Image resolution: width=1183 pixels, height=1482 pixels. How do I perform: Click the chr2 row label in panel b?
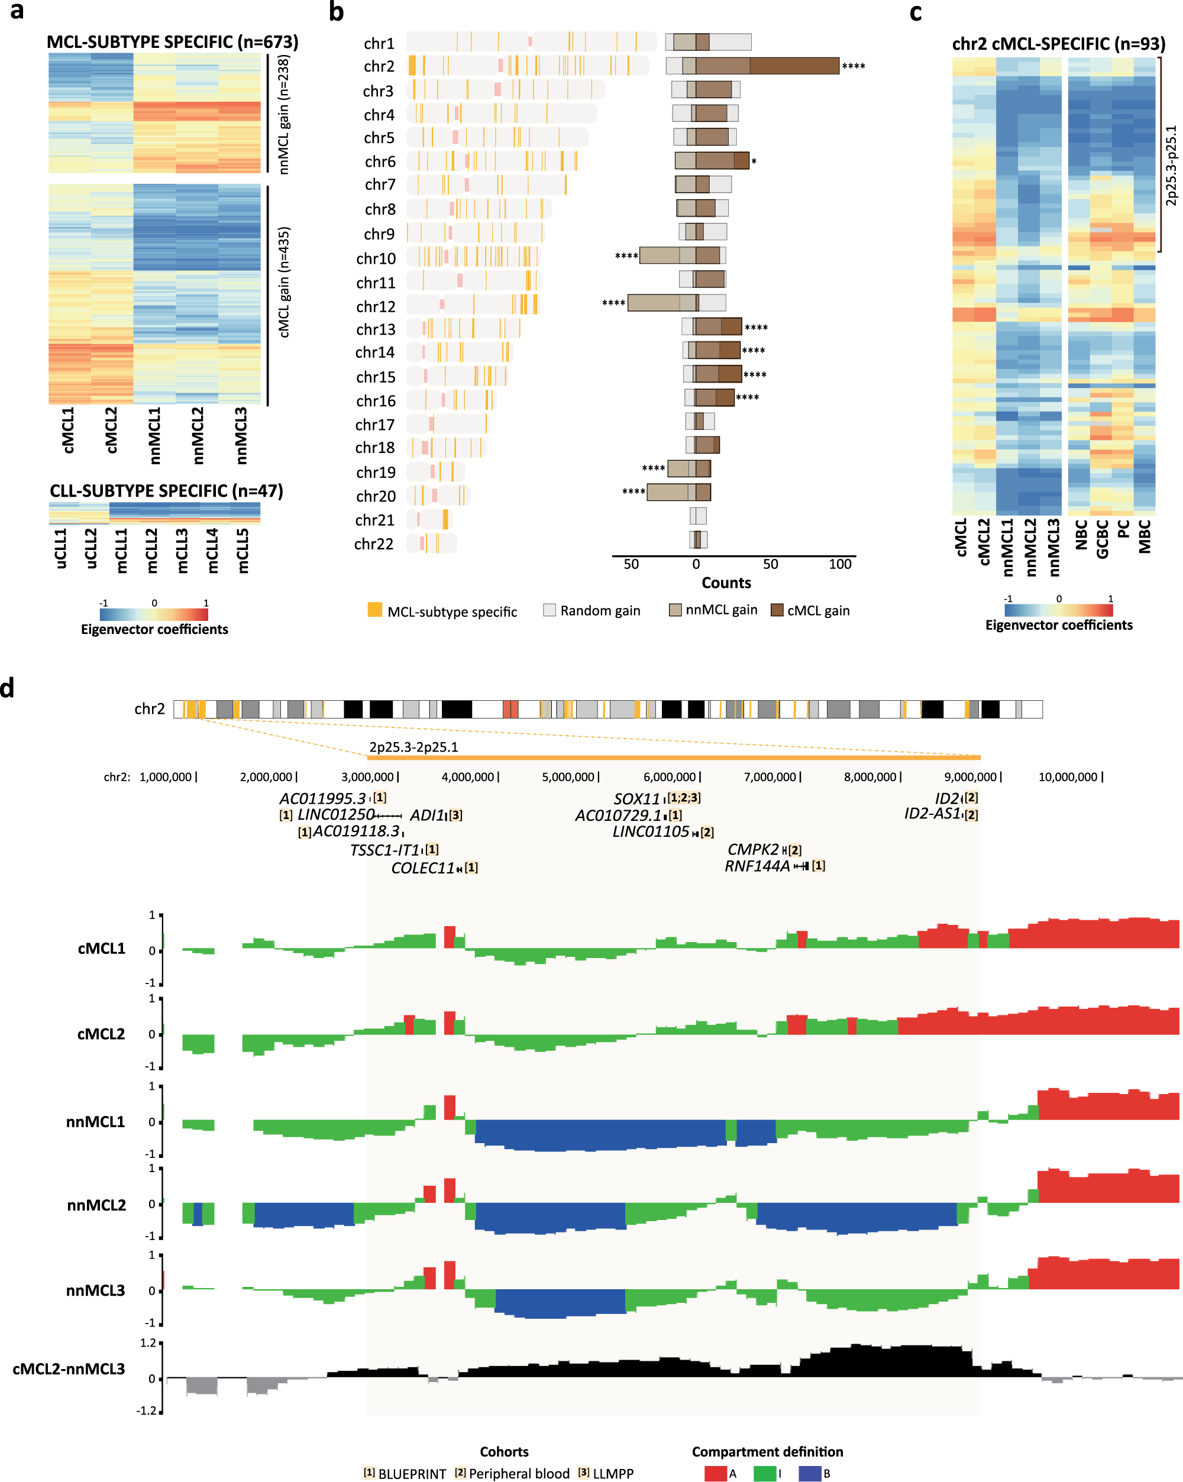point(379,66)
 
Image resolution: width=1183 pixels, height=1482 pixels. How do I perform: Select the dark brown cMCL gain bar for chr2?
point(794,66)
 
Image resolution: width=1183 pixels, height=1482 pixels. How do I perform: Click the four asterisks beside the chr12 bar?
point(613,303)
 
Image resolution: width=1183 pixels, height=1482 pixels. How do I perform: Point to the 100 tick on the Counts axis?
point(840,564)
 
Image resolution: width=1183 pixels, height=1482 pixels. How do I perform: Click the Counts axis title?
point(726,583)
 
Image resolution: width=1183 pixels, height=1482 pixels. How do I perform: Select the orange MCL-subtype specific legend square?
point(374,610)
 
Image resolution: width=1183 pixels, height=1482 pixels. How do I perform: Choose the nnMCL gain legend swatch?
point(675,610)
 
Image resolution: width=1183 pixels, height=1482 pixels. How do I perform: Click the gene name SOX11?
point(636,799)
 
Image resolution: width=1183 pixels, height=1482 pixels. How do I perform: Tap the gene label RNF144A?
point(757,866)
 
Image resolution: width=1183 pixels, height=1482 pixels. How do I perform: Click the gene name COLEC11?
point(423,868)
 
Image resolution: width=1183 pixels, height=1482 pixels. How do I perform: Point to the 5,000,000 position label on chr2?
point(569,776)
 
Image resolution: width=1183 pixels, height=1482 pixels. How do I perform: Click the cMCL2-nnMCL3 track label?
point(69,1368)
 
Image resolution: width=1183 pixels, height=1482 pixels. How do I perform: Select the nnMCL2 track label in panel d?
point(96,1205)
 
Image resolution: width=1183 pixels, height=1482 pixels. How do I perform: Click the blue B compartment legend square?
point(810,1473)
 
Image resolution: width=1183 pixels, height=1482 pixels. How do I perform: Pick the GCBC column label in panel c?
point(1103,539)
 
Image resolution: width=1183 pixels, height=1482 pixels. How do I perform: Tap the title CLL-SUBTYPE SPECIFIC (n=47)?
point(166,491)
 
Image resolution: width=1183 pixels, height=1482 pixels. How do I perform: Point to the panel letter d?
point(8,688)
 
